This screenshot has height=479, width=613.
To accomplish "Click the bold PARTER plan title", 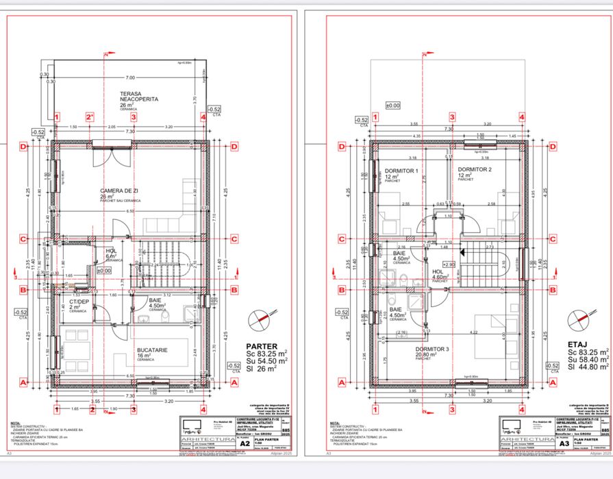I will point(262,346).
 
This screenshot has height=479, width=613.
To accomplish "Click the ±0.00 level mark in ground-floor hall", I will point(103,271).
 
